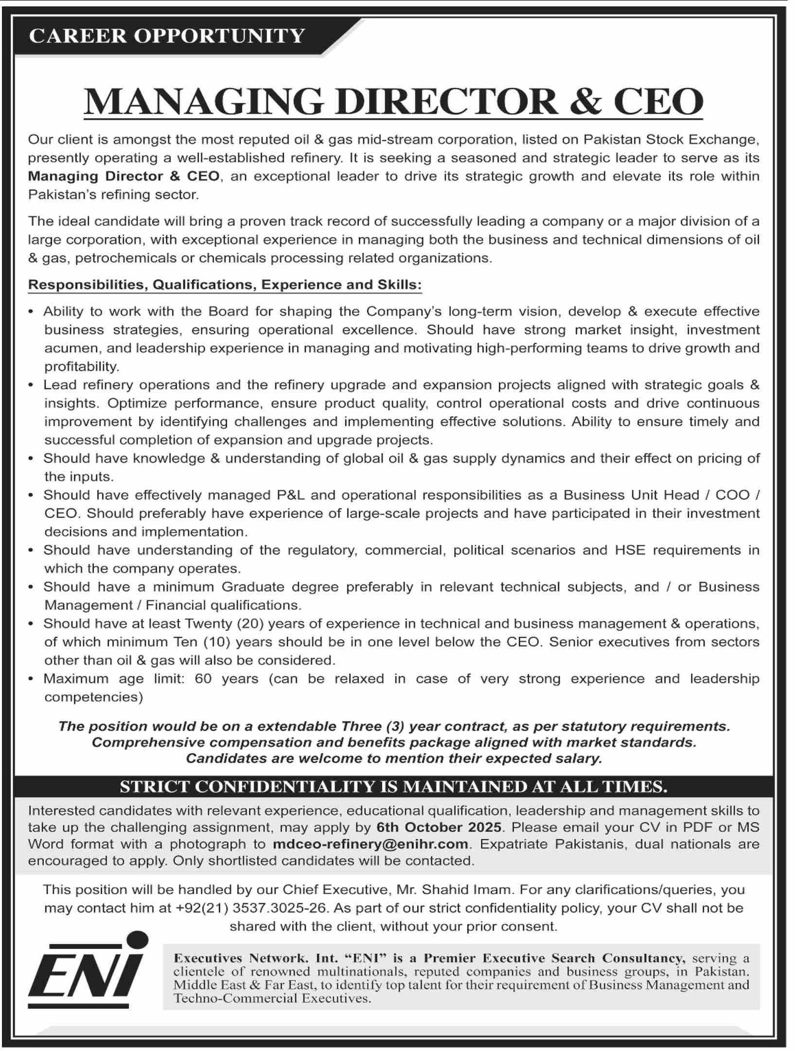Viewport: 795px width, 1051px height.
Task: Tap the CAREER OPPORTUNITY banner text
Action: tap(167, 36)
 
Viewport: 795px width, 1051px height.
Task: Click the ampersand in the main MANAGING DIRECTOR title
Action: tap(586, 102)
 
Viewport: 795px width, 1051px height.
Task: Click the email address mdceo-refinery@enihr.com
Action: tap(370, 844)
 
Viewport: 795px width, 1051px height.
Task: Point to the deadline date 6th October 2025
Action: tap(439, 827)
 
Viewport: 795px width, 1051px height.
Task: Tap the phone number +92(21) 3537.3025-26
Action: tap(252, 908)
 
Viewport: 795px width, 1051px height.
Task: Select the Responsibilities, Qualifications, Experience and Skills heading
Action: tap(225, 285)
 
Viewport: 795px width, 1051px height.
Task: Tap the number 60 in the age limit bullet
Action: tap(203, 678)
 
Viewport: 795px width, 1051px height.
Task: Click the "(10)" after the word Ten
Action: tap(216, 642)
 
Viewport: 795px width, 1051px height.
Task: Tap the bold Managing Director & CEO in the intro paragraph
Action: tap(123, 176)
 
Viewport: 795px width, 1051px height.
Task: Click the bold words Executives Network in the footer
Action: tap(239, 958)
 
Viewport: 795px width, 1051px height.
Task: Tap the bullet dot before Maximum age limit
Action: tap(31, 679)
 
